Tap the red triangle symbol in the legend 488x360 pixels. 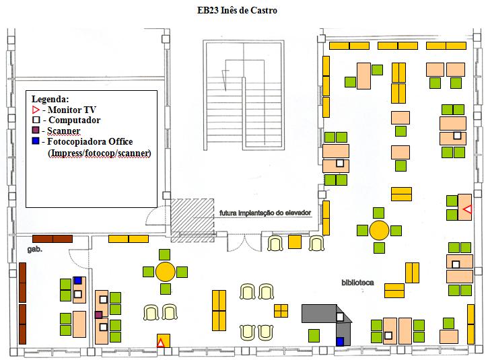[x=36, y=110]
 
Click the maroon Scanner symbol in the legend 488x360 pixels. [x=36, y=131]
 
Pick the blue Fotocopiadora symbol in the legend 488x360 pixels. [x=36, y=141]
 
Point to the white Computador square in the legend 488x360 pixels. [x=36, y=120]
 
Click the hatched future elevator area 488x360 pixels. [x=193, y=219]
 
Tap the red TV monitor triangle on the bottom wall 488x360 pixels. [x=160, y=343]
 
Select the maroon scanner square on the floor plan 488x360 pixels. [x=98, y=315]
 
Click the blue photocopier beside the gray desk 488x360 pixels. [x=339, y=342]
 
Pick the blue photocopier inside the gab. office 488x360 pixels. [x=77, y=281]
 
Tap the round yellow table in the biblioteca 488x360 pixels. [x=379, y=230]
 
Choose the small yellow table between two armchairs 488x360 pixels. [x=295, y=242]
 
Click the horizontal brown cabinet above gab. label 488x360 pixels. [x=52, y=238]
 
